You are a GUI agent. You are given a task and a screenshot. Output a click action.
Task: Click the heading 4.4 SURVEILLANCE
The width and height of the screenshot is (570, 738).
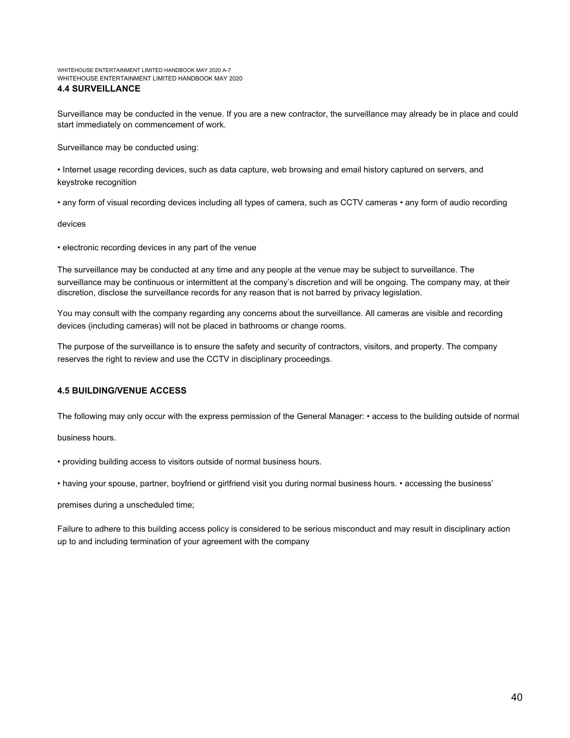[99, 89]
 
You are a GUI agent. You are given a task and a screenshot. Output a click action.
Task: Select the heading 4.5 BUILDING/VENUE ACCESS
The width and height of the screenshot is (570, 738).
[122, 391]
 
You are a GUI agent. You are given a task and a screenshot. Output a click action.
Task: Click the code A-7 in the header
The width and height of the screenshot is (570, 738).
[227, 70]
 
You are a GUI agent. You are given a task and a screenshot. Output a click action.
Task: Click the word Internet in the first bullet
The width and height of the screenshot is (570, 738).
[76, 170]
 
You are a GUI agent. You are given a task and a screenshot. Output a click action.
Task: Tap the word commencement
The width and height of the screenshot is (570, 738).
[159, 125]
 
